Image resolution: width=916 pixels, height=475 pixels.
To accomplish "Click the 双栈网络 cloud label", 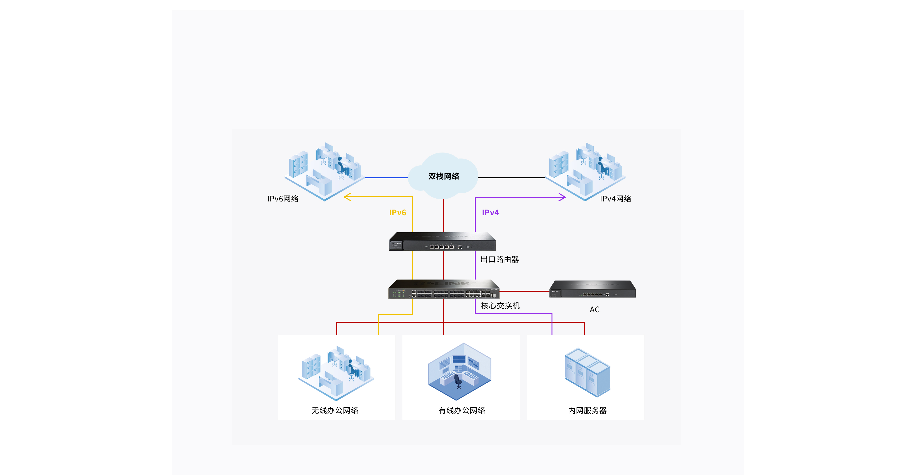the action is [443, 176].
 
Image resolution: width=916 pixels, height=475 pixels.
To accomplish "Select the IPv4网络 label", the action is [615, 199].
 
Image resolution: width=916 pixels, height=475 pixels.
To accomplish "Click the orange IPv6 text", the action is [398, 212].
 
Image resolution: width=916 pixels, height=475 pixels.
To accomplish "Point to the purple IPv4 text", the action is [490, 212].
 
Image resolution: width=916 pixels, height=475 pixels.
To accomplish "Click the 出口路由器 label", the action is [500, 259].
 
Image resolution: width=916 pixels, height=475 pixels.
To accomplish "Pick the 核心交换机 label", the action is [500, 306].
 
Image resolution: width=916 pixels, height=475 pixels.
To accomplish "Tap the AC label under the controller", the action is [594, 310].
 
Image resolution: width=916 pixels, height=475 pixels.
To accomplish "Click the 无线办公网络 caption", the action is [335, 410].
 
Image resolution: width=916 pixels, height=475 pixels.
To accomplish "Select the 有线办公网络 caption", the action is [462, 410].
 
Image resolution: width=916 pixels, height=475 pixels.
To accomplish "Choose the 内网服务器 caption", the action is [588, 410].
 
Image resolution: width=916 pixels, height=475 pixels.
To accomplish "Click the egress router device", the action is [442, 241].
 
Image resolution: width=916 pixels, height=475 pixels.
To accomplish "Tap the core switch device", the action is [444, 289].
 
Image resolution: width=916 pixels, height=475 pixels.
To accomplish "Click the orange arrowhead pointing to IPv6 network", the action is [347, 197].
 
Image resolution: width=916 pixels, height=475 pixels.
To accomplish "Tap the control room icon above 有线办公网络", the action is [459, 371].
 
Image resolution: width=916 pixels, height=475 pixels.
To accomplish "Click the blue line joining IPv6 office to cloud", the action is [386, 178].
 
